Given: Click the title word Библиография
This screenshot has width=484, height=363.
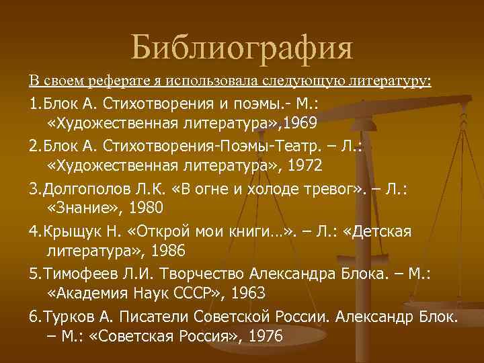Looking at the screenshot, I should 241,48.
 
